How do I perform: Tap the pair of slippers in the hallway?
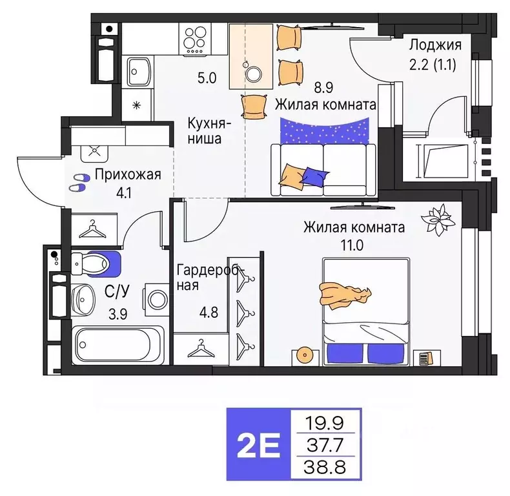(x=79, y=182)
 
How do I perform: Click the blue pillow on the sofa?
(x=315, y=175)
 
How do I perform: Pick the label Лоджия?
(x=436, y=45)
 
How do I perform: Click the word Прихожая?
(x=127, y=174)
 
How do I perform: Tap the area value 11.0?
(x=354, y=245)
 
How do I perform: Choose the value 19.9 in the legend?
(x=326, y=424)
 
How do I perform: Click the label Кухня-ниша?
(x=207, y=130)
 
